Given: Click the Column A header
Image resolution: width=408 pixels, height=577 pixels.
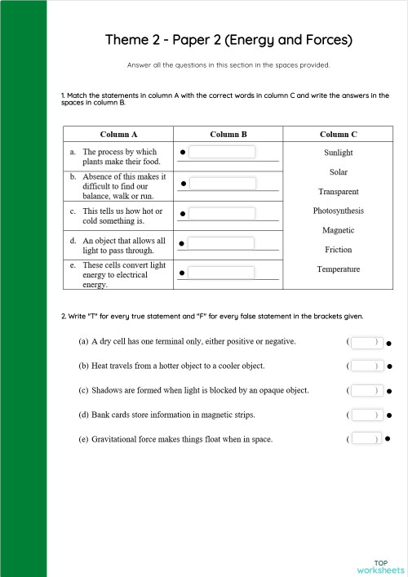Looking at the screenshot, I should pos(118,134).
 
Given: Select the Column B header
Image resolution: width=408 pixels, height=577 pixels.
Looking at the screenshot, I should pos(228,134).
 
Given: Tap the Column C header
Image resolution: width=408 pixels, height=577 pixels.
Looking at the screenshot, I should pos(338,134).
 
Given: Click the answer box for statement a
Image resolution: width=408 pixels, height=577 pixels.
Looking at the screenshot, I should pos(222,152).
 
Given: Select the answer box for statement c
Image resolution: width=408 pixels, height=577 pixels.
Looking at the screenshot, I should pos(222,214).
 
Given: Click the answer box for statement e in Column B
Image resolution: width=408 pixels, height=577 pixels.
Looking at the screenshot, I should pos(222,273).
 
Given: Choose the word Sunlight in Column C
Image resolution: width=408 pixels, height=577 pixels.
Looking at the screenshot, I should pos(338,153).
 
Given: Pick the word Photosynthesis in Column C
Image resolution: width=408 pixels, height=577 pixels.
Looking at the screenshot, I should pos(338,211).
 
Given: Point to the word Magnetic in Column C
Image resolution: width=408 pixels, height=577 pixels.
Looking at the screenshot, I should pos(338,230).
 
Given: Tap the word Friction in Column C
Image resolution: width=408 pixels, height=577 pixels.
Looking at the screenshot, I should pos(338,250).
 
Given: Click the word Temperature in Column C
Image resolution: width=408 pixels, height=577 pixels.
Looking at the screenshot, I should pos(338,269).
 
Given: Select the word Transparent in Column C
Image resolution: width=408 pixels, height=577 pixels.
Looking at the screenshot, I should pos(338,192).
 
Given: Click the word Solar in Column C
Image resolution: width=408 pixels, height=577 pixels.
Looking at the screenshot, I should pos(338,172).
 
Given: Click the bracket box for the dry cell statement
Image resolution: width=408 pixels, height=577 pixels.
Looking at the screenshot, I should pos(364,342).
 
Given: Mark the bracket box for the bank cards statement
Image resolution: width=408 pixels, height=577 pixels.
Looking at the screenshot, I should pos(364,415).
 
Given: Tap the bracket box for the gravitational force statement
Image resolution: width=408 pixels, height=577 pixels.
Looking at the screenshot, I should pos(364,439).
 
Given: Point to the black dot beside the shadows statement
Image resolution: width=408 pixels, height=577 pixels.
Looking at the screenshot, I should pos(389,392).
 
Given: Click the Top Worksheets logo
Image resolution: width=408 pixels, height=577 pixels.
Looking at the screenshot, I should pos(379,566).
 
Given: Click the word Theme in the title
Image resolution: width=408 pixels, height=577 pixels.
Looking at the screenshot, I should pos(125,39).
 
